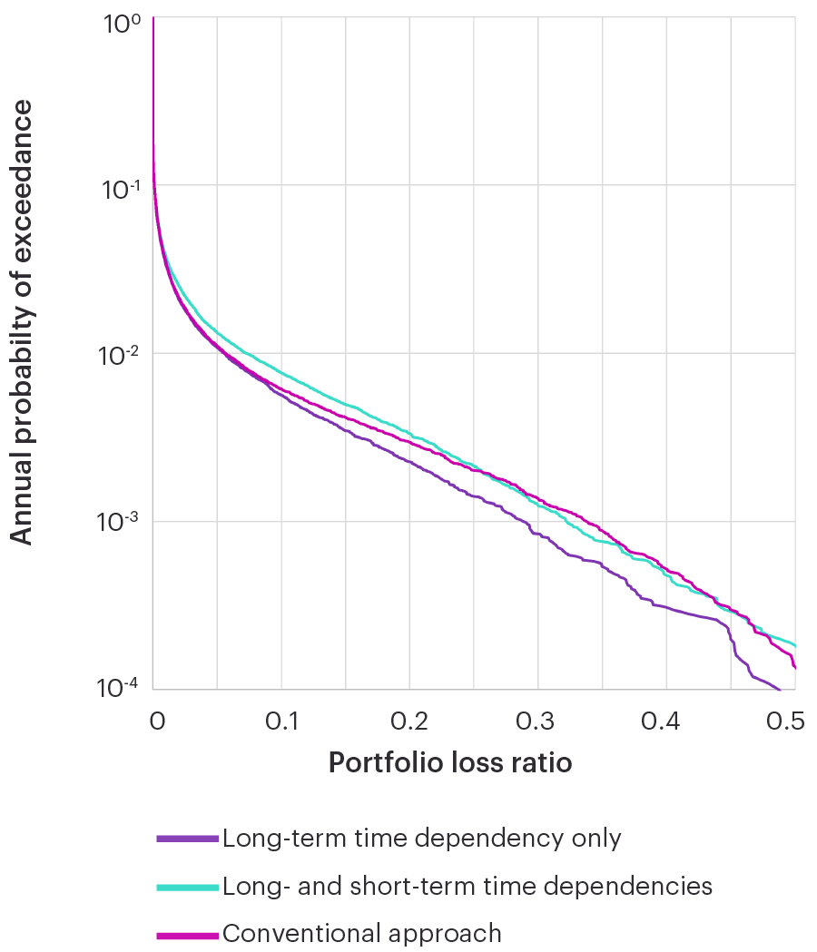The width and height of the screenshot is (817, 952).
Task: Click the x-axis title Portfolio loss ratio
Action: tap(450, 763)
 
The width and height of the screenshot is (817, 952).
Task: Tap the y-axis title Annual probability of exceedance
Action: tap(22, 322)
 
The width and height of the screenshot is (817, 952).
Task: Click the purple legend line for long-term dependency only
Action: tap(187, 839)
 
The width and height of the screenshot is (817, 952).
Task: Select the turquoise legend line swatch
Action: tap(187, 887)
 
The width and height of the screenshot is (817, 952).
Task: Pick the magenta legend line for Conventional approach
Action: tap(187, 934)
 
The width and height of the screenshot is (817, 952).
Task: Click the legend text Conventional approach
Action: tap(361, 933)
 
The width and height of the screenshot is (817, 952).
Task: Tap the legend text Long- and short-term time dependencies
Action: tap(467, 886)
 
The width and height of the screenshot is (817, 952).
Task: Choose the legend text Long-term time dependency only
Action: tap(421, 838)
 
